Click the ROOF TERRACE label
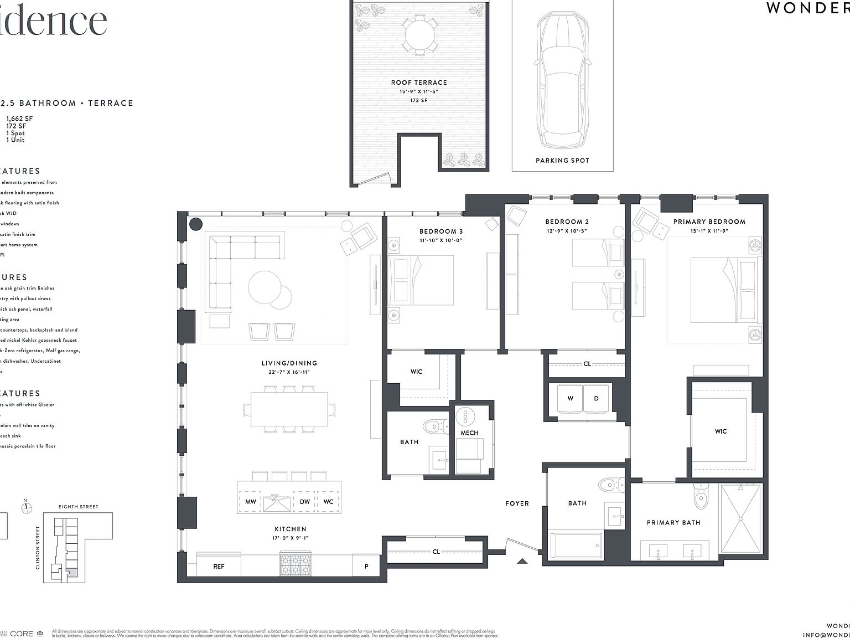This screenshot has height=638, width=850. tap(418, 83)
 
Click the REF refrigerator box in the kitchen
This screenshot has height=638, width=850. tap(219, 566)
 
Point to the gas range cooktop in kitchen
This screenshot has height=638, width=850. tap(296, 564)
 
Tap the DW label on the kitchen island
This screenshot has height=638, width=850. tap(304, 502)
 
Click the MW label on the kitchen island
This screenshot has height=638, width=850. tap(250, 502)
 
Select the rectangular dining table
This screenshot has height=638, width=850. tap(289, 409)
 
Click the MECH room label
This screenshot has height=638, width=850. tap(469, 433)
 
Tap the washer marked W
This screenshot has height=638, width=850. tap(570, 399)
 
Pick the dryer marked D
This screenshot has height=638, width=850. tap(596, 399)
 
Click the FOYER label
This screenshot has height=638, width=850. tap(517, 503)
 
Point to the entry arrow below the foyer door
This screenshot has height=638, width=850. tap(522, 561)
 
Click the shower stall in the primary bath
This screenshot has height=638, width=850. tap(740, 517)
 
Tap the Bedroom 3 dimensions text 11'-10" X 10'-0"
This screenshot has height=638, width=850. tap(440, 240)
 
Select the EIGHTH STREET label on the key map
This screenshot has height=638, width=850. tap(78, 507)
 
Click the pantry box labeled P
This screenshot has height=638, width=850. tap(366, 566)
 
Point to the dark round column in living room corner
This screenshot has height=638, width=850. tap(195, 224)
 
